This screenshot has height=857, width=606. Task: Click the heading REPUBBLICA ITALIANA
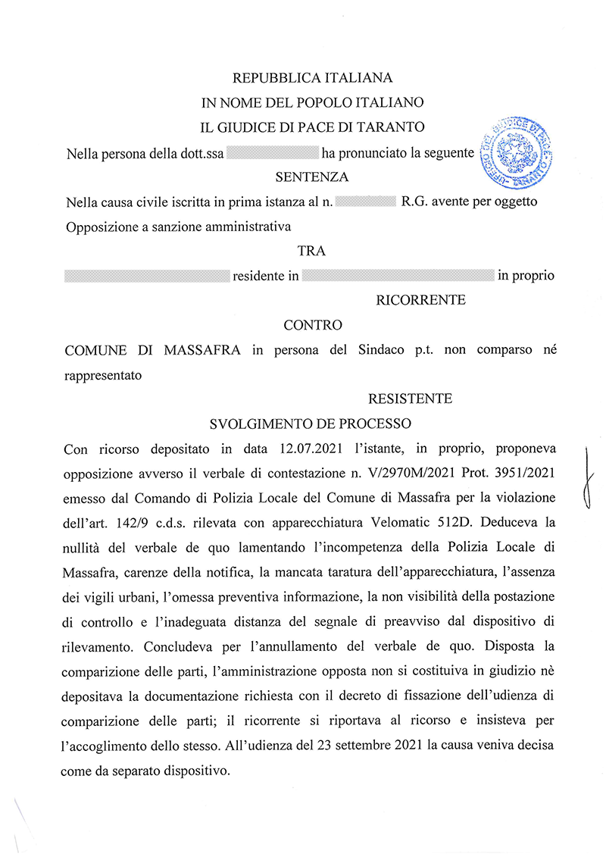click(312, 78)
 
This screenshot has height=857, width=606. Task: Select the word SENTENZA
click(312, 177)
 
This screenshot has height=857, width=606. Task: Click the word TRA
click(312, 251)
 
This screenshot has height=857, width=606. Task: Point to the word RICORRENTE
click(420, 300)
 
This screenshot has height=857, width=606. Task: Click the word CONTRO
click(312, 325)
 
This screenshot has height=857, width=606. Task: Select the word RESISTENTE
click(410, 399)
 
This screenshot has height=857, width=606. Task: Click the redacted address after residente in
click(398, 276)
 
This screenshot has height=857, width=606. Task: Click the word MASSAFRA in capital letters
click(195, 350)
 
